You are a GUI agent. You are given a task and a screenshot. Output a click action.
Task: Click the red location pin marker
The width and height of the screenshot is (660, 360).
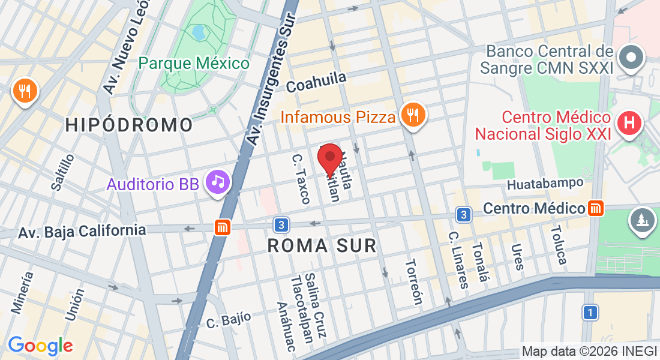329,159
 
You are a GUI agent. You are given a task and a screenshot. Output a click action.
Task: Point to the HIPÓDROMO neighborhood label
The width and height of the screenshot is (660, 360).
129,125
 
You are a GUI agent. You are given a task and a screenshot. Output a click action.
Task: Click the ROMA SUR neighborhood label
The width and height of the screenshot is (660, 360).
322,245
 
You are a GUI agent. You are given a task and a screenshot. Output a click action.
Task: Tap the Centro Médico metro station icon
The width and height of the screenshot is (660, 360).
596,208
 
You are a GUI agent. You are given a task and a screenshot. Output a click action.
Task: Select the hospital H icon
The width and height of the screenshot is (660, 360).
630,124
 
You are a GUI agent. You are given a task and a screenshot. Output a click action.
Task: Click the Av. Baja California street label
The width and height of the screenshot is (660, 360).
82,230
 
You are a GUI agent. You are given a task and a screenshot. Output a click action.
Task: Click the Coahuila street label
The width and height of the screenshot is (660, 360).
316,82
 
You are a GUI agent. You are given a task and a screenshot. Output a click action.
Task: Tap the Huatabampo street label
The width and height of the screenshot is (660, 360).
545,183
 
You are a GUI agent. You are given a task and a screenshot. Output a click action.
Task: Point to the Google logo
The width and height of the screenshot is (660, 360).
40,345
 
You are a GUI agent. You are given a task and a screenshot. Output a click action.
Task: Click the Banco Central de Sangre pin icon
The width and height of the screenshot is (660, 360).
631,59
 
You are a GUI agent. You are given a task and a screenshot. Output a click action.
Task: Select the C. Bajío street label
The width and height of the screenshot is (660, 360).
228,319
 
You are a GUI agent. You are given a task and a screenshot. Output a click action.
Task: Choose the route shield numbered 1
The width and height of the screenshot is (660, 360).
590,313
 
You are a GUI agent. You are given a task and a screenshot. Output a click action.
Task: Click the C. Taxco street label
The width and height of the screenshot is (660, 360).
301,178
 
